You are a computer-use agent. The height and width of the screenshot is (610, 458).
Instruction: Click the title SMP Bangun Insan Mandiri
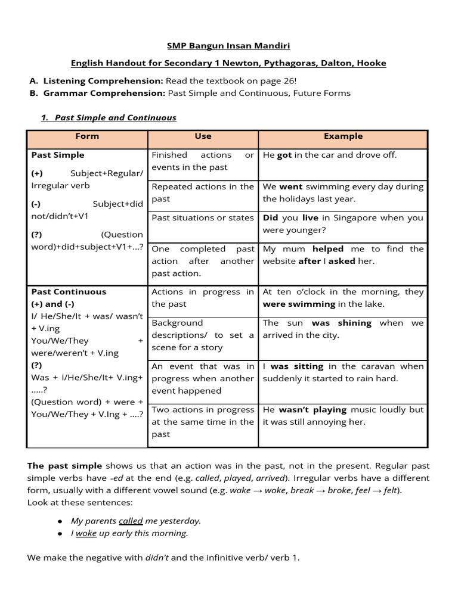pyautogui.click(x=228, y=46)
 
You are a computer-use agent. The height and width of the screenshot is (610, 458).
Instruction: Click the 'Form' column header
pyautogui.click(x=87, y=136)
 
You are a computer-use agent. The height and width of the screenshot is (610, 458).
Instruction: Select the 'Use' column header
pyautogui.click(x=203, y=136)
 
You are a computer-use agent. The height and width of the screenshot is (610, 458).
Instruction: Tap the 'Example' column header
pyautogui.click(x=343, y=136)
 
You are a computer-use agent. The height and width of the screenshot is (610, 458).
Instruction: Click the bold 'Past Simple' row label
pyautogui.click(x=58, y=155)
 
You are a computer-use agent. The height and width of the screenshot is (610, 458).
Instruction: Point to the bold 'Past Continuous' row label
pyautogui.click(x=69, y=292)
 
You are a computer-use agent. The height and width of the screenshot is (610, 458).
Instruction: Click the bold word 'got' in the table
pyautogui.click(x=284, y=155)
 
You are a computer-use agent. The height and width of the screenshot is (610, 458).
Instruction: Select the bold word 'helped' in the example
pyautogui.click(x=328, y=249)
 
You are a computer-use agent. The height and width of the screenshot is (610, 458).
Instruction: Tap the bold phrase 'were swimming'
pyautogui.click(x=299, y=304)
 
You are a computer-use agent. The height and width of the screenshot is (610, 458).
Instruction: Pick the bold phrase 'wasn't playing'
pyautogui.click(x=313, y=410)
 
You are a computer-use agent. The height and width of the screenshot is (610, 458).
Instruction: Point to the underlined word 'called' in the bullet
pyautogui.click(x=131, y=521)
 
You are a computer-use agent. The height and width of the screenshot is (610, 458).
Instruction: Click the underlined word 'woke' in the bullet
pyautogui.click(x=86, y=533)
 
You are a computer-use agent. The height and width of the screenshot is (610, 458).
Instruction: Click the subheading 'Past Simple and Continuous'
pyautogui.click(x=115, y=117)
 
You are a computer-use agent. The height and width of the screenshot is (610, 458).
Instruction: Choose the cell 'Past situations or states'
pyautogui.click(x=203, y=218)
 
